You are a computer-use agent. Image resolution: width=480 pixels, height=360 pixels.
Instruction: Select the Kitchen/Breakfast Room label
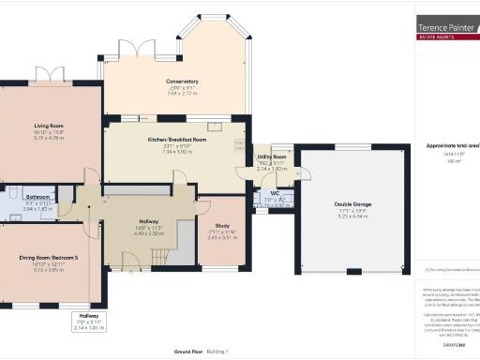(x=176, y=139)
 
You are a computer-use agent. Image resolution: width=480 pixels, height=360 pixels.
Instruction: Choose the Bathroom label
(x=37, y=197)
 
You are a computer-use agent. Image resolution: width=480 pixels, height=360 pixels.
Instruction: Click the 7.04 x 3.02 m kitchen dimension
(x=176, y=151)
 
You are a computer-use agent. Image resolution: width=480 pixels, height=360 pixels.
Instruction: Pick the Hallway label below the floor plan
(x=85, y=317)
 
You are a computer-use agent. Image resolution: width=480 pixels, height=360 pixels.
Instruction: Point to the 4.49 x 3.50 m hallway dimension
(x=150, y=232)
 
